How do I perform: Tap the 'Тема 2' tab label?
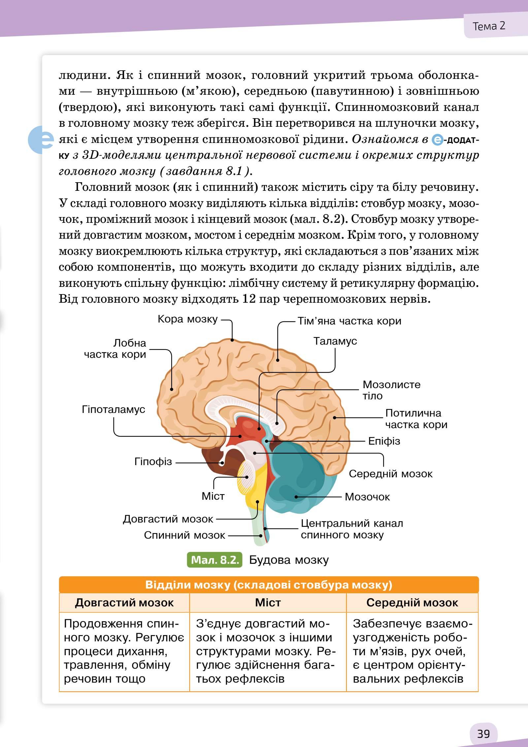pyautogui.click(x=489, y=26)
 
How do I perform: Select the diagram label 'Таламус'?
pyautogui.click(x=335, y=341)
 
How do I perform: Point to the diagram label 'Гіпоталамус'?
pyautogui.click(x=114, y=410)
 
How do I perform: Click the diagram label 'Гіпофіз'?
pyautogui.click(x=153, y=461)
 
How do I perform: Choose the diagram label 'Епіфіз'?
pyautogui.click(x=384, y=441)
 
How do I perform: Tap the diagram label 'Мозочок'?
pyautogui.click(x=367, y=497)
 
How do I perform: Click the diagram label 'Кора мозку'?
pyautogui.click(x=187, y=319)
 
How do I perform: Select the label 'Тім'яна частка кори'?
pyautogui.click(x=349, y=321)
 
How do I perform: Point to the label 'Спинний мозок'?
pyautogui.click(x=184, y=535)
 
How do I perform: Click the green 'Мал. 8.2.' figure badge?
pyautogui.click(x=215, y=560)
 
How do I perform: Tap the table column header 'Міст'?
pyautogui.click(x=268, y=603)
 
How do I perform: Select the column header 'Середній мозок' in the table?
pyautogui.click(x=412, y=603)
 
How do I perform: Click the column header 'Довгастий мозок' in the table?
pyautogui.click(x=124, y=603)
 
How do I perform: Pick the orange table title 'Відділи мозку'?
pyautogui.click(x=269, y=585)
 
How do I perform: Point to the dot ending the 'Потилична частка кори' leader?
pyautogui.click(x=334, y=418)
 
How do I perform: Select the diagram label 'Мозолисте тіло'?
pyautogui.click(x=391, y=390)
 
